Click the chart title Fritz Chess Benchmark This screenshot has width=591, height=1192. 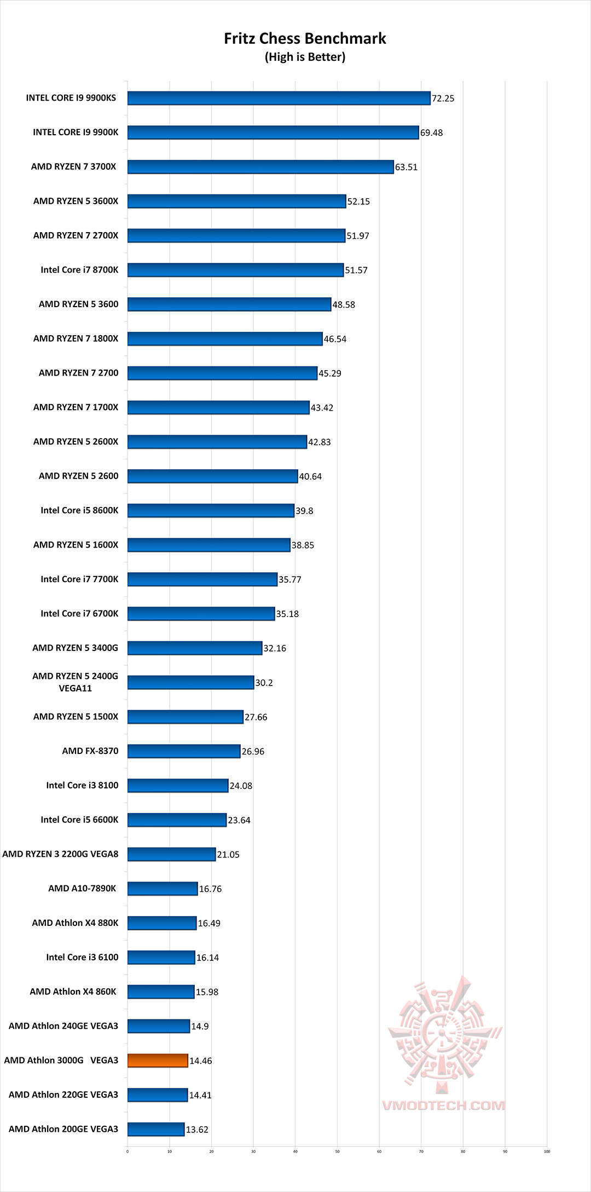[305, 38]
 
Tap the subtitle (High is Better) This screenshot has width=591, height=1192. [305, 57]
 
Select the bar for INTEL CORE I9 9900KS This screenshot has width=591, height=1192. [279, 98]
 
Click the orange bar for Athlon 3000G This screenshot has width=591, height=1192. [158, 1061]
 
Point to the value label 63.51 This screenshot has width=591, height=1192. [406, 167]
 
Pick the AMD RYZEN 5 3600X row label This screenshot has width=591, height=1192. [76, 201]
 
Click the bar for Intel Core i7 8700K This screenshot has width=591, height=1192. [235, 270]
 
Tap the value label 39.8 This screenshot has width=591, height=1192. [304, 511]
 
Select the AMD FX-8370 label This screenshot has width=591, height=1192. [90, 751]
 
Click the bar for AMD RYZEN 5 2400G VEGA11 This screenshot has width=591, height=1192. [190, 682]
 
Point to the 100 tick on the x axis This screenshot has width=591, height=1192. [547, 1151]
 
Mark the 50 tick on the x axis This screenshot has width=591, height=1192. [337, 1151]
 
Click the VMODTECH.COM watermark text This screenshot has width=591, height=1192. [443, 1105]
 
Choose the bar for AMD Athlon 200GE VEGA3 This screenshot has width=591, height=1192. [156, 1129]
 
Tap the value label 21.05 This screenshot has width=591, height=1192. [228, 855]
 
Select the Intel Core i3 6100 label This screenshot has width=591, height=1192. [82, 957]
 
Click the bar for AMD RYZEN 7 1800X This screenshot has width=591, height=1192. [225, 339]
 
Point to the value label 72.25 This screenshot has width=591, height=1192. [443, 99]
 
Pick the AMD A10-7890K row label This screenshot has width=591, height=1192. [82, 888]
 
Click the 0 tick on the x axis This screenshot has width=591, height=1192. [128, 1151]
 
